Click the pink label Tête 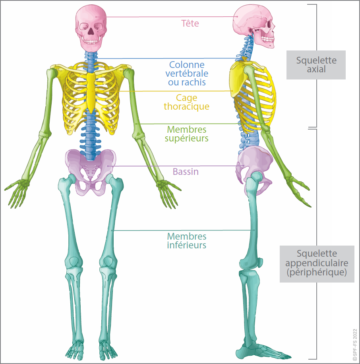[x=190, y=23]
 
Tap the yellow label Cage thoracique [x=186, y=102]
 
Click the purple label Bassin [x=186, y=172]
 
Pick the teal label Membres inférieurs [x=187, y=240]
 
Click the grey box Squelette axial [x=316, y=64]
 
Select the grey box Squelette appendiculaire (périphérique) [x=317, y=263]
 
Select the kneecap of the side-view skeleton [x=261, y=263]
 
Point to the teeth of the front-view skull [x=91, y=41]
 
